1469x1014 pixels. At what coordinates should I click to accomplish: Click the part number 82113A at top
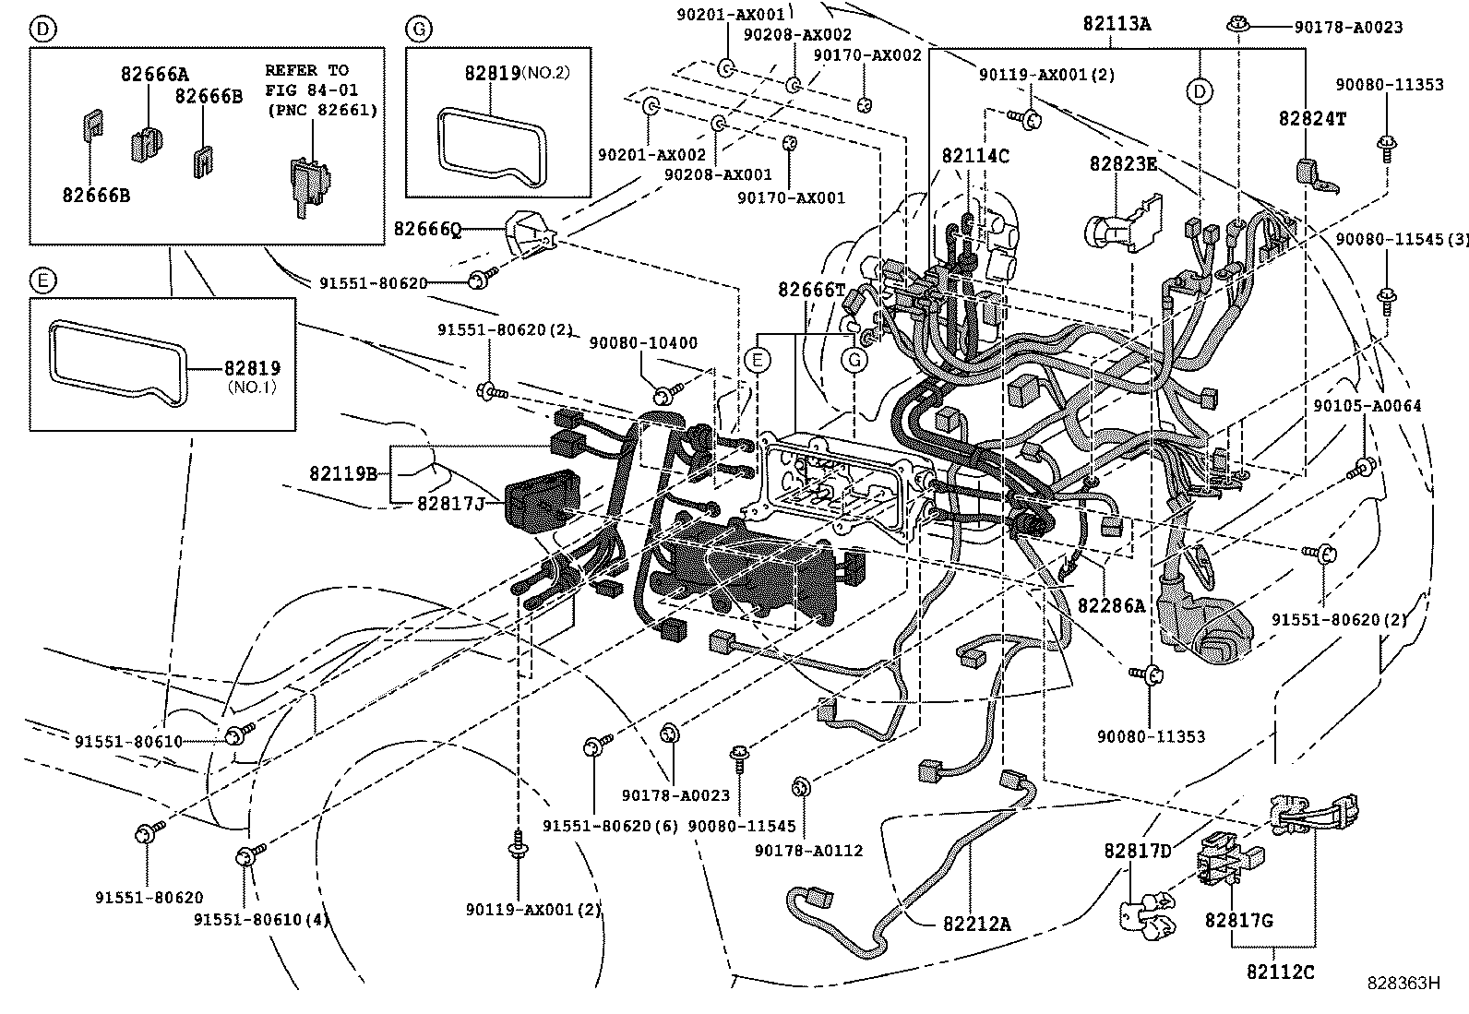[x=1116, y=25]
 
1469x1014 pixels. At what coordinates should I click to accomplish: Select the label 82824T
[x=1311, y=118]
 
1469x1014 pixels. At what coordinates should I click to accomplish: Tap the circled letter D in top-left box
[x=41, y=29]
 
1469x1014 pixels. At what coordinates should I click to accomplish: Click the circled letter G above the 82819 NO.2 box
[x=417, y=29]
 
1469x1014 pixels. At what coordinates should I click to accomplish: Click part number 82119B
[x=343, y=474]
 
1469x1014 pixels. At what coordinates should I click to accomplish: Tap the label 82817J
[x=450, y=503]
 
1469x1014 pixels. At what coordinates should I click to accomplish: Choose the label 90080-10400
[x=645, y=343]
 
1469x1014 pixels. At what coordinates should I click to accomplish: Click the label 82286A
[x=1111, y=605]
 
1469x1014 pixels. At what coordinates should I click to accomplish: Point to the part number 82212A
[x=976, y=922]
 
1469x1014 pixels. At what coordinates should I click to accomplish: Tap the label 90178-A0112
[x=808, y=850]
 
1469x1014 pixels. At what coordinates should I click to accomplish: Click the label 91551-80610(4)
[x=261, y=919]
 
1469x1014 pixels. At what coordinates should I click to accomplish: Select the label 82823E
[x=1122, y=163]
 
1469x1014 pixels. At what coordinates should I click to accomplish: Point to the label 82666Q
[x=426, y=229]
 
